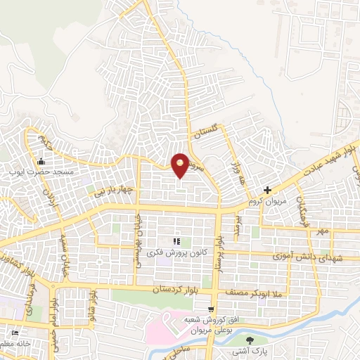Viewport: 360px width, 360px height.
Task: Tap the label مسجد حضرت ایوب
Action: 40,171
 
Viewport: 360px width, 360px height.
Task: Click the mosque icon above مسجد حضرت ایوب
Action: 11,170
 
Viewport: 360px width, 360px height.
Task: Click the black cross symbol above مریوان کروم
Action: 267,190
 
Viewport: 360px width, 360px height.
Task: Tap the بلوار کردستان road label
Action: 176,290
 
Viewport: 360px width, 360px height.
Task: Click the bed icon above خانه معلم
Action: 14,333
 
